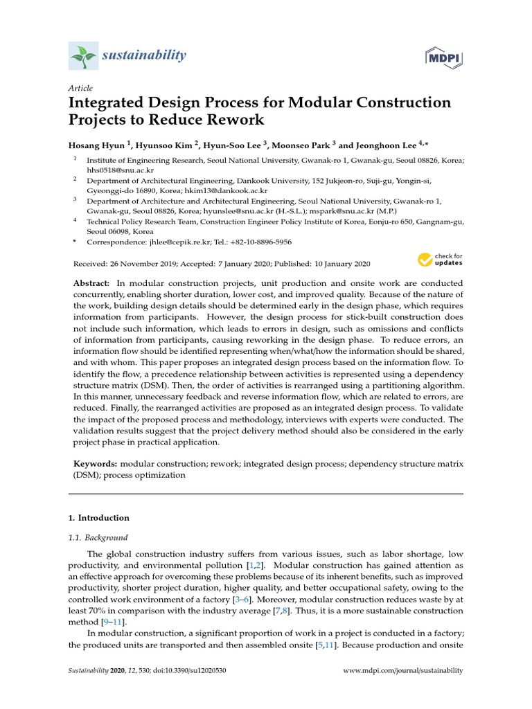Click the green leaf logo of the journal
pos(83,55)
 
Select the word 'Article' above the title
pos(80,89)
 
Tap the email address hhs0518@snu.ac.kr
pos(115,170)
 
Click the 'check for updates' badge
pos(439,260)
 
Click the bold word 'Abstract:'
pos(91,285)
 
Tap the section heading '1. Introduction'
pos(98,518)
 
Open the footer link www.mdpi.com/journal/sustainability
pos(403,671)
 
